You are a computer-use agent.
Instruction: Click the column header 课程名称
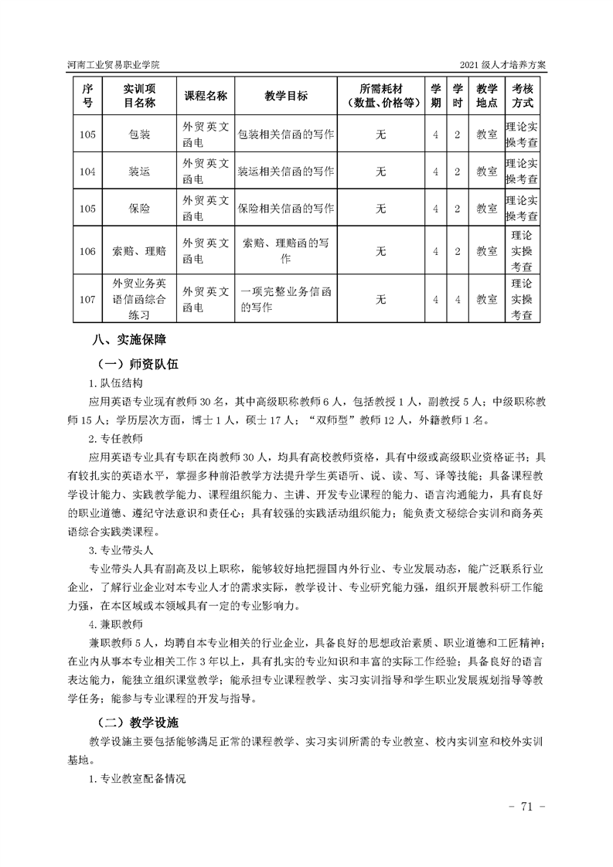tap(205, 96)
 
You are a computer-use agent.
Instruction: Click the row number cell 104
tap(87, 172)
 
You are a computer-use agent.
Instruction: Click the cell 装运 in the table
tap(139, 172)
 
